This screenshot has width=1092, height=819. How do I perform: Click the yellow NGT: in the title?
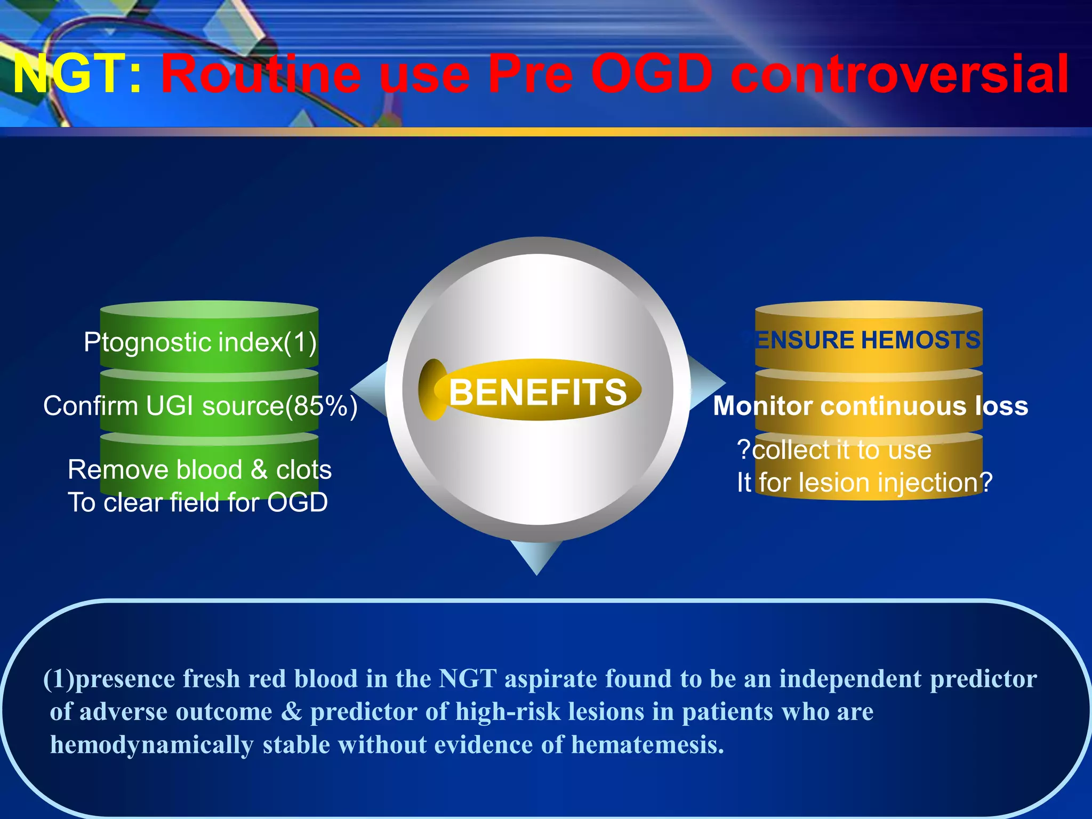77,75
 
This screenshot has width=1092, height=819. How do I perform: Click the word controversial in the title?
900,75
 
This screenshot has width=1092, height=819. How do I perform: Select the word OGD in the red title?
652,75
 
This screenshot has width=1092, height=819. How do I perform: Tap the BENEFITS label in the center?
537,392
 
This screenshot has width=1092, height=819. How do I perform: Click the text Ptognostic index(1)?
200,342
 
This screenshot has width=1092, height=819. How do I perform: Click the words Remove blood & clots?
199,470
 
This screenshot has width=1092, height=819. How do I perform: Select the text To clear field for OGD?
197,503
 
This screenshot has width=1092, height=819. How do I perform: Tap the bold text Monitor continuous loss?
870,406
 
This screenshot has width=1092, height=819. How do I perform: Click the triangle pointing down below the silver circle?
536,557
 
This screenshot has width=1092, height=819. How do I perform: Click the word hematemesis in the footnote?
647,745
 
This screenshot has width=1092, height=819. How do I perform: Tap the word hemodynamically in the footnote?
151,745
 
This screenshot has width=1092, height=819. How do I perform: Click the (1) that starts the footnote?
58,679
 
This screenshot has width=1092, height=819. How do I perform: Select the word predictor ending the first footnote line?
983,679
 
